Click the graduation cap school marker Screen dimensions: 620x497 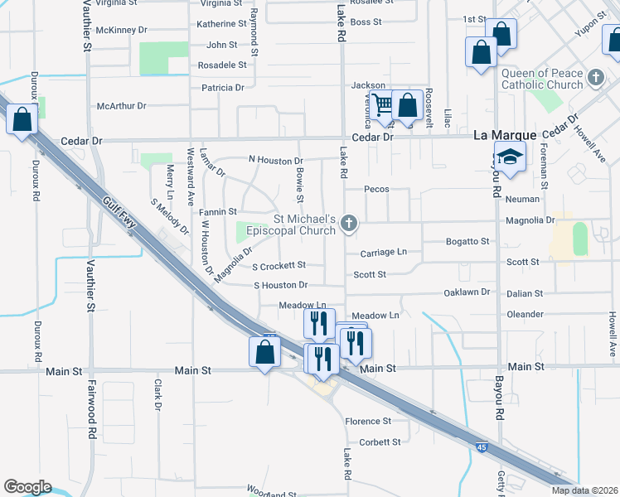(510, 157)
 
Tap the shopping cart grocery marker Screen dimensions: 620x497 (382, 105)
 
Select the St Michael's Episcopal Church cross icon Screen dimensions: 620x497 (350, 223)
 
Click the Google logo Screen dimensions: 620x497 (27, 487)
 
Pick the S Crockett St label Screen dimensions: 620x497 (279, 266)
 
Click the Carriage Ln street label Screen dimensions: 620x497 (384, 252)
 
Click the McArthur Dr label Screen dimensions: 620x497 (121, 106)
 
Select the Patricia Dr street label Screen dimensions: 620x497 (222, 87)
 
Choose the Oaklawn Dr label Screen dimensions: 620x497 (467, 292)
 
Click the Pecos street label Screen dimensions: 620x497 (375, 190)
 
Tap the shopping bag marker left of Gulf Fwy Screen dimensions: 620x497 (22, 119)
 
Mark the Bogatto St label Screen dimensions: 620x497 (468, 241)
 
